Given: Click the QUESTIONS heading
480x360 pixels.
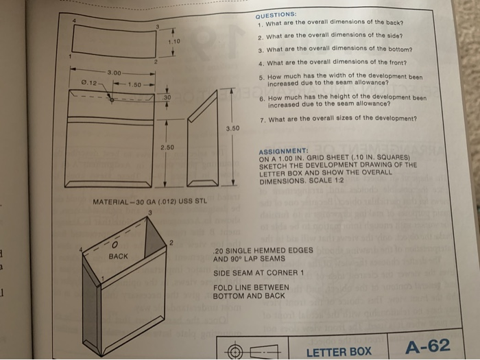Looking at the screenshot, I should click(276, 14).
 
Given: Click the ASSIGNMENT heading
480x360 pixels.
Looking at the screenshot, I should click(283, 150).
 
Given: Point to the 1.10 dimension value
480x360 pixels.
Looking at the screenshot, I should click(173, 43).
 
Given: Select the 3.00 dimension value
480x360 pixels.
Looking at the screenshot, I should click(114, 72).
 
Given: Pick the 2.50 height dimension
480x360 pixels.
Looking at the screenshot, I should click(167, 147).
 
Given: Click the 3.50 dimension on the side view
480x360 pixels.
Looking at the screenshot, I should click(232, 128).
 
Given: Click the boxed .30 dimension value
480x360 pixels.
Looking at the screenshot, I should click(167, 98).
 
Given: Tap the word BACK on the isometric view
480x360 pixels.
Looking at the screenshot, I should click(118, 256).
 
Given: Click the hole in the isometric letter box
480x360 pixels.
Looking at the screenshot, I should click(116, 242).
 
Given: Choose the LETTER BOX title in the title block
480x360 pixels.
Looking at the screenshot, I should click(338, 351).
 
